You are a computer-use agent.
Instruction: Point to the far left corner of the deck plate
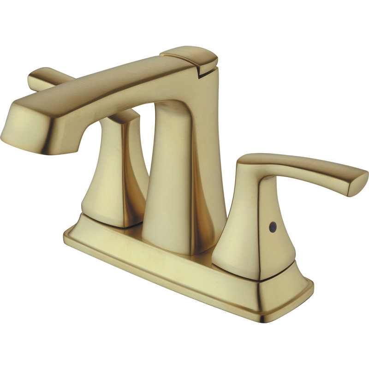67,235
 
